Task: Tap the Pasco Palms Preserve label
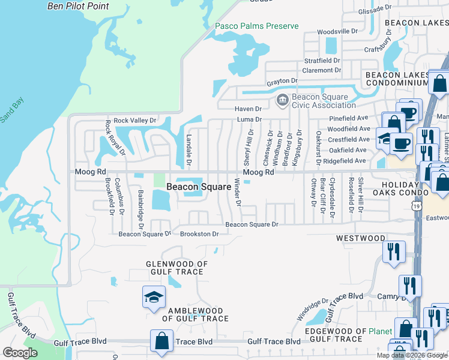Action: [257, 26]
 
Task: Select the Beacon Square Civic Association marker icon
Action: [282, 100]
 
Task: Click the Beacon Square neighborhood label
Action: [199, 187]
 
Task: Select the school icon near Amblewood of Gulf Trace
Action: [154, 298]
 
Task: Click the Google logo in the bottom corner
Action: [20, 353]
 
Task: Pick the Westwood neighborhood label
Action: [360, 238]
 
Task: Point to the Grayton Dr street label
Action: [282, 81]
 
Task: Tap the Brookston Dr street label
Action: [199, 234]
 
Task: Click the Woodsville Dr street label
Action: [337, 31]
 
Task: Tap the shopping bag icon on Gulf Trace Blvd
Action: [162, 340]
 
